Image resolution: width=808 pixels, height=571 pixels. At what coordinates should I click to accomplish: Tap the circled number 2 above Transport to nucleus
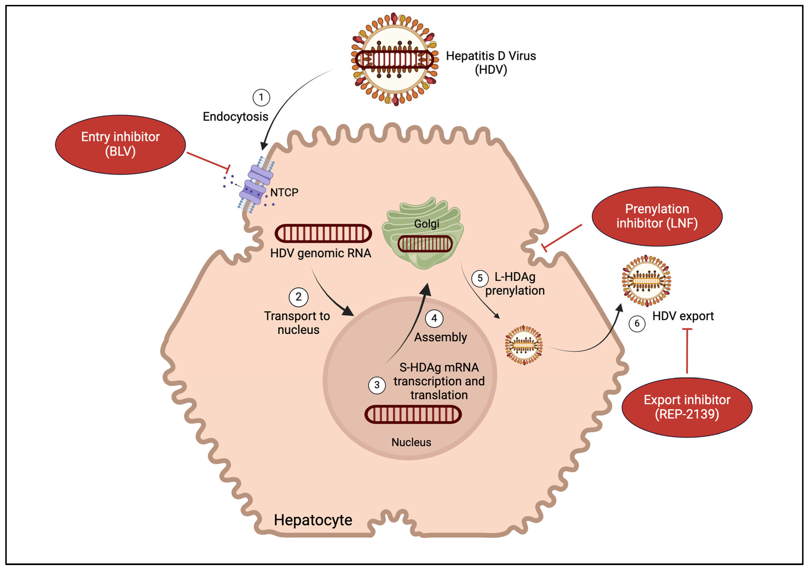[x=298, y=297]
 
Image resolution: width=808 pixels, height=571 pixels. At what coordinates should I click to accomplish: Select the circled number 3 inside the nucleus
[x=377, y=385]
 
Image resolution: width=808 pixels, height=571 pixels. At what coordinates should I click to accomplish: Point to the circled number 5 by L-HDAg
[x=480, y=278]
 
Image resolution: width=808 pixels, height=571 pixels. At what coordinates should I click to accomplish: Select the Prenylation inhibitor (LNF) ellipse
[x=657, y=216]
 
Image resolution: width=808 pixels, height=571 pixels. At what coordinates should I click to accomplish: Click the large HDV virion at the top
[x=395, y=59]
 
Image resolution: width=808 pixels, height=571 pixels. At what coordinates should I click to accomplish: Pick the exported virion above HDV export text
[x=646, y=281]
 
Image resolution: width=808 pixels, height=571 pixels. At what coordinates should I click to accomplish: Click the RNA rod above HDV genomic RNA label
[x=323, y=233]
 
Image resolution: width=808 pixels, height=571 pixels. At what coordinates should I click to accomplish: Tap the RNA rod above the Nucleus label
[x=413, y=414]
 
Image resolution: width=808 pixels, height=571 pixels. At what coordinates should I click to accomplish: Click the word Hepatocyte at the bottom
[x=313, y=520]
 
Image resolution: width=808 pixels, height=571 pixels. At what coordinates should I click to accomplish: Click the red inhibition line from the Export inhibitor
[x=687, y=352]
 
